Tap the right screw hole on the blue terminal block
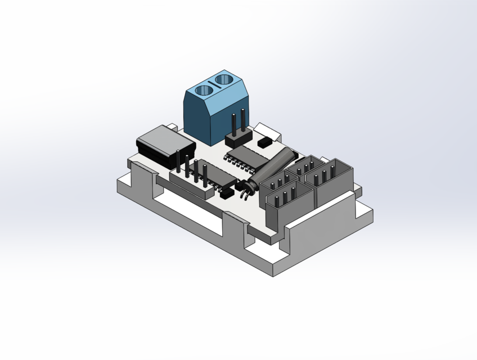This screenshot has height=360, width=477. [x=224, y=80]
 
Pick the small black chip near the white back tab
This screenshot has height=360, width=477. [x=264, y=143]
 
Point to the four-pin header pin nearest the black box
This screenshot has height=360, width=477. [x=178, y=160]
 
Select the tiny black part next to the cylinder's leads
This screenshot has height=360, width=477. [x=226, y=193]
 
